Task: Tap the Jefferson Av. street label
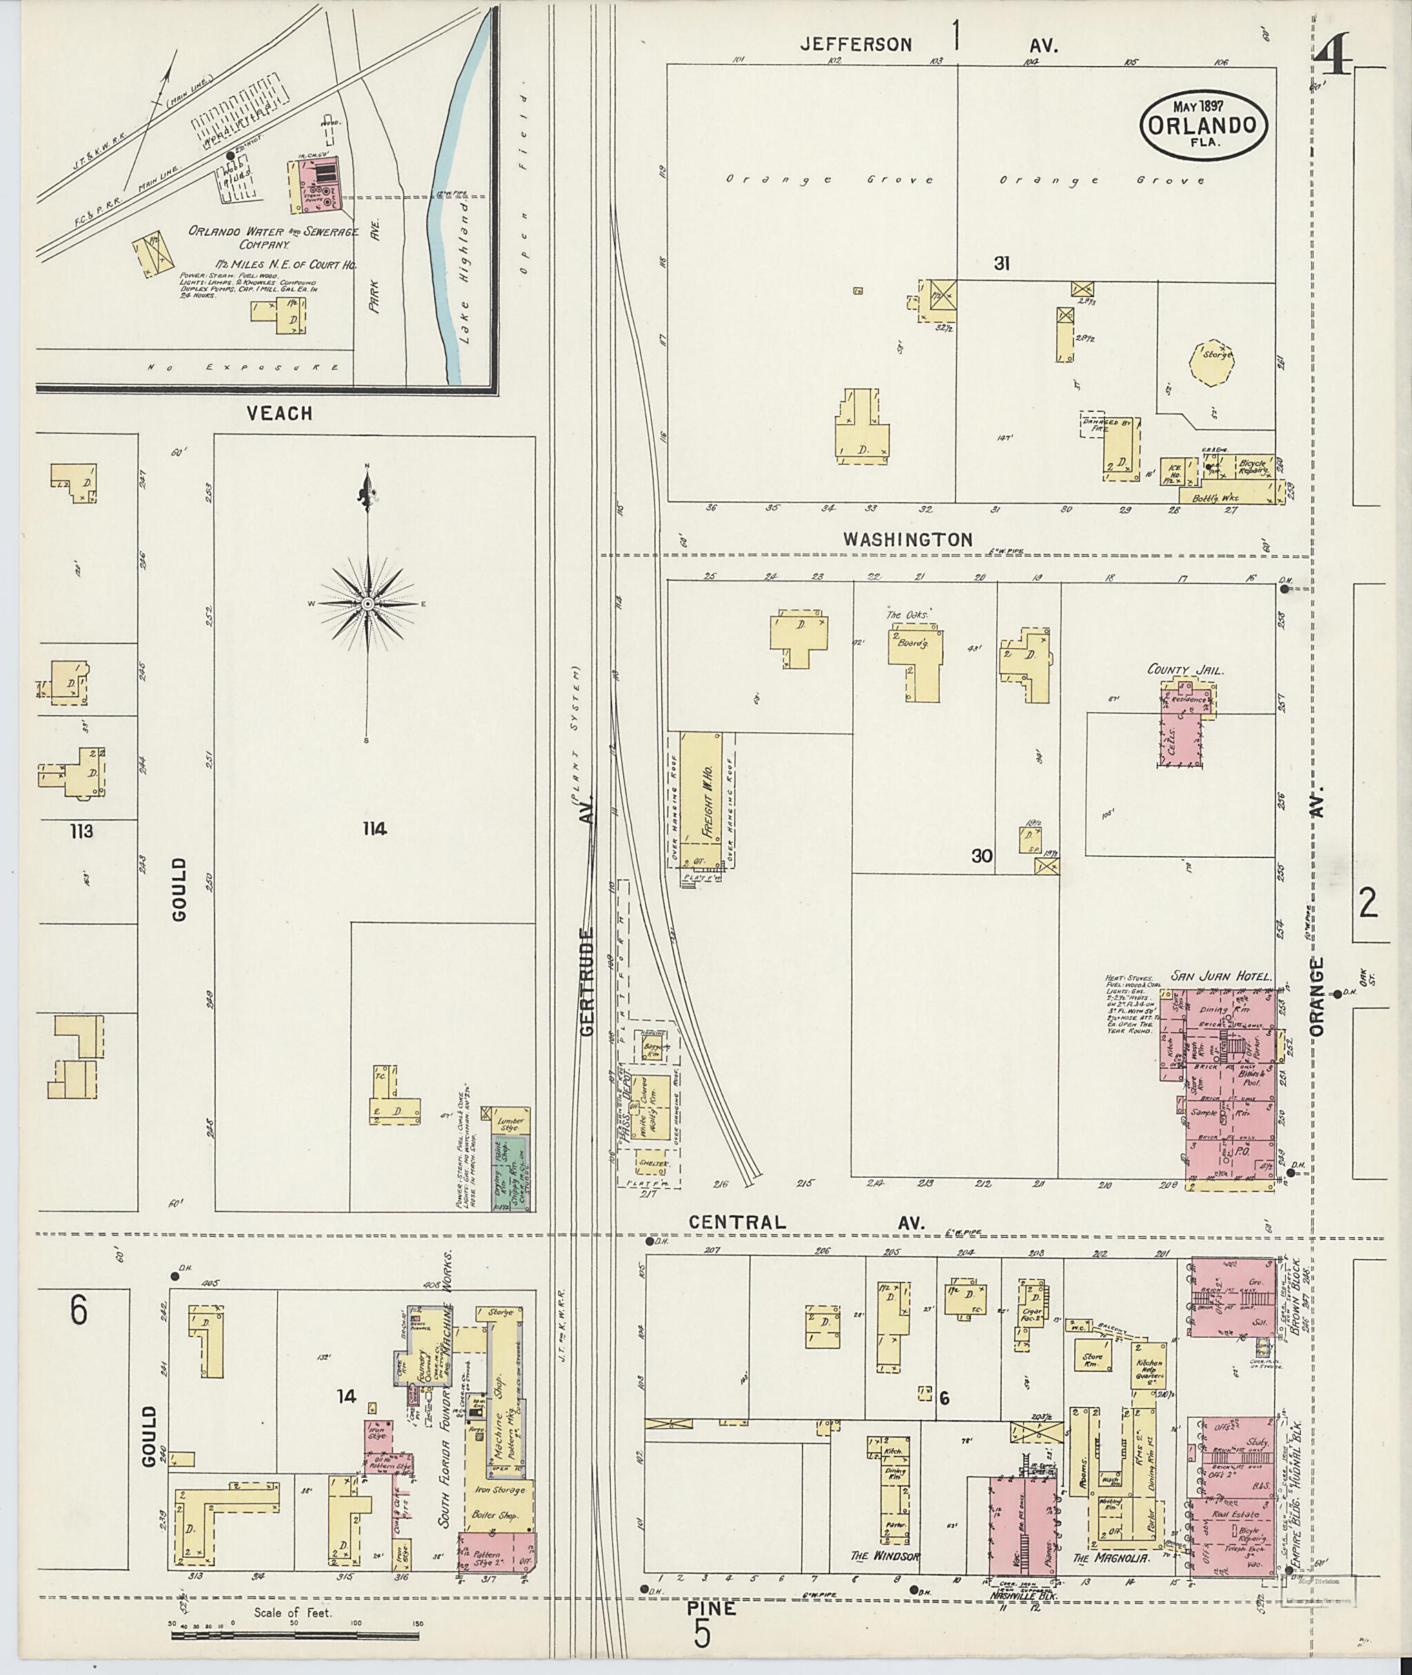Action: (x=929, y=45)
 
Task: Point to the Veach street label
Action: (x=279, y=413)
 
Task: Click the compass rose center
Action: (x=367, y=603)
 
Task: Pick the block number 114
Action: (x=374, y=830)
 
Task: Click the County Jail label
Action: (x=1184, y=670)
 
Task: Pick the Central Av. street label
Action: (x=807, y=1223)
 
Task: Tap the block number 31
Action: (x=1000, y=263)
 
